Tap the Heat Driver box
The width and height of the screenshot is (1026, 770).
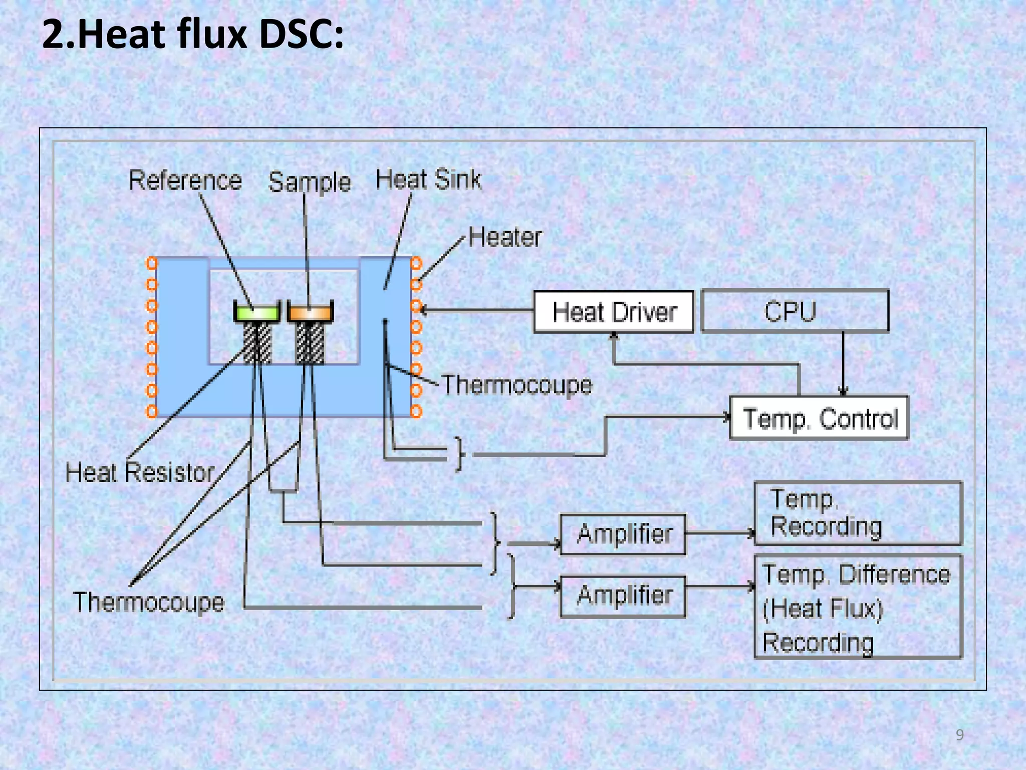(x=614, y=312)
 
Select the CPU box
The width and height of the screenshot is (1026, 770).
(x=795, y=311)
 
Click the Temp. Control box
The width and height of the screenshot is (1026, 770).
(x=819, y=418)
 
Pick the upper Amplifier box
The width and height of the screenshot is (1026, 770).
(x=623, y=534)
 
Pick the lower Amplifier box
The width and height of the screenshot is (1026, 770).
(x=623, y=596)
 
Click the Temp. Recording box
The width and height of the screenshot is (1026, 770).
(x=858, y=513)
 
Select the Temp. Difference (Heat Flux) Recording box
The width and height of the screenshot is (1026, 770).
(x=858, y=607)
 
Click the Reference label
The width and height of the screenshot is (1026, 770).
(x=185, y=180)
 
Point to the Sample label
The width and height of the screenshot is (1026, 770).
(x=309, y=182)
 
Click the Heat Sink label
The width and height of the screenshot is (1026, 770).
(x=428, y=179)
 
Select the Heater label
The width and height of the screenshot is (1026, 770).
(x=505, y=237)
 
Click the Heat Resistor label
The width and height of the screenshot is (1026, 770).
(x=140, y=473)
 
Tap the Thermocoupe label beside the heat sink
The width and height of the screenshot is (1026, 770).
(x=517, y=386)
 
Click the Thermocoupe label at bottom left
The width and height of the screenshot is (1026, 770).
(x=148, y=602)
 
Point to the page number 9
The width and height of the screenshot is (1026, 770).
(x=959, y=735)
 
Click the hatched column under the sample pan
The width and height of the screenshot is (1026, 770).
(x=310, y=343)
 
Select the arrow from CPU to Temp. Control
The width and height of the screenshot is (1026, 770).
(x=843, y=363)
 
